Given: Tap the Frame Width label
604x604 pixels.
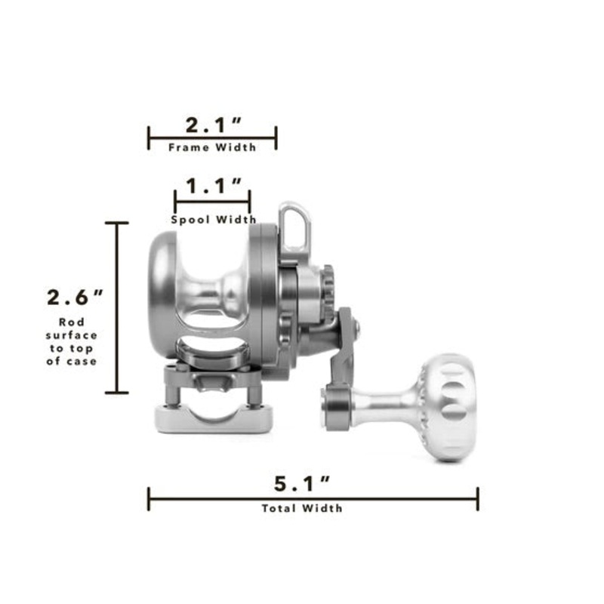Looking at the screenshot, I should coord(212,147).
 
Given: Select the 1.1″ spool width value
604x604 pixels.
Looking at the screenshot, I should coord(213,186).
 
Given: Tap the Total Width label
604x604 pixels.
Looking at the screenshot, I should coord(302,508).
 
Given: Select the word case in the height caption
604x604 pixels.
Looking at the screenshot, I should coord(84,361).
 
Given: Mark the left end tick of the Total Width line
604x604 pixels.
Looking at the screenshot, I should coord(149,499).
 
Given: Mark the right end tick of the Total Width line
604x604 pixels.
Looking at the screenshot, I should coord(478,499).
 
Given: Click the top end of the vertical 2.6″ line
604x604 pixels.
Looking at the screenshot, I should coord(116,223).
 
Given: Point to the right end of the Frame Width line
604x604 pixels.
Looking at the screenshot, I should coord(276,138).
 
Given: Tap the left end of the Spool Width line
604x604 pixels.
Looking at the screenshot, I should coord(175,202).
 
